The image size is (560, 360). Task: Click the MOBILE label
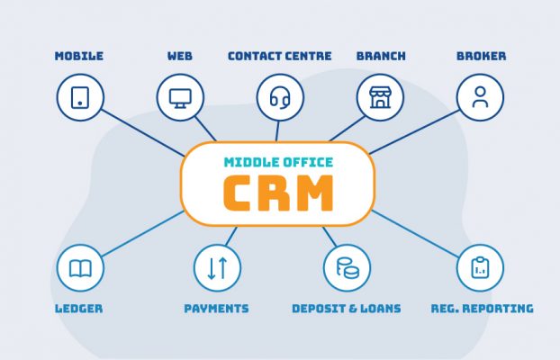79,56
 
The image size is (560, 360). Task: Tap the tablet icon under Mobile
80,97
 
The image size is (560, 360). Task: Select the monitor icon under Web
180,98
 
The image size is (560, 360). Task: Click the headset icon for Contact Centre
280,98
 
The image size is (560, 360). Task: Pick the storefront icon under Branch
380,97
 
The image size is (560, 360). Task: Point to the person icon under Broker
481,97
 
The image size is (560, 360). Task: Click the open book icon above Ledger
80,268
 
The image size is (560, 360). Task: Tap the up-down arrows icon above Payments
218,268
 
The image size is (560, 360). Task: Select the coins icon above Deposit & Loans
348,268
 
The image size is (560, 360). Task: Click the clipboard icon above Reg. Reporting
481,267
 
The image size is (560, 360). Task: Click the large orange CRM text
278,193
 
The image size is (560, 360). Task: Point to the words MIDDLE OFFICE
278,163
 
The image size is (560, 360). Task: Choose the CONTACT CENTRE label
280,56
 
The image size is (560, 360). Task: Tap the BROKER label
481,56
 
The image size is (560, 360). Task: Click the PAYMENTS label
216,309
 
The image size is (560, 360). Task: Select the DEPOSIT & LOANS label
347,309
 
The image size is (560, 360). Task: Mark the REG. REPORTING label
483,309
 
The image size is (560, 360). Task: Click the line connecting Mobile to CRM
143,133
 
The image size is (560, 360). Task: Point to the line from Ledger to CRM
143,234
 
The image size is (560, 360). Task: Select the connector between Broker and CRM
414,131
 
